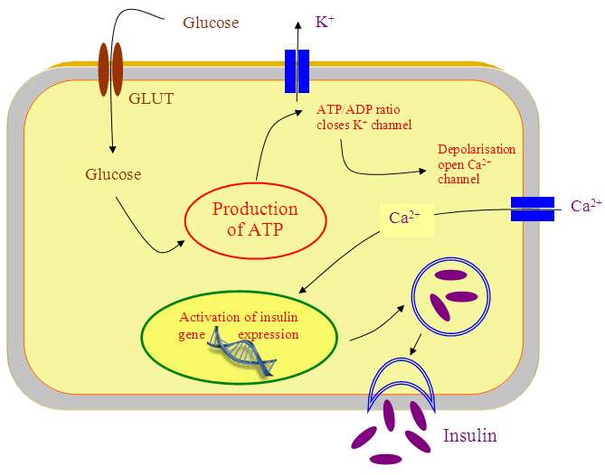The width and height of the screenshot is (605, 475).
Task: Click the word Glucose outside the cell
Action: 211,22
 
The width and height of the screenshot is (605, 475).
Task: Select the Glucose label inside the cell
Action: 113,174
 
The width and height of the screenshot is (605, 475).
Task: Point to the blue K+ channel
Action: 297,70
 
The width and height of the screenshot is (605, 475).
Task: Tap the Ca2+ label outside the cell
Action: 586,207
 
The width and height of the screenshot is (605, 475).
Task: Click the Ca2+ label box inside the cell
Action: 404,218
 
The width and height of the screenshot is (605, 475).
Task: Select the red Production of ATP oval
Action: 254,219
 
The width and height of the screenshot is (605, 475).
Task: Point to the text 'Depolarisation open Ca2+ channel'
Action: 475,163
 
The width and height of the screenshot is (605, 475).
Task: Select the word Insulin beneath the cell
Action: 469,435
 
